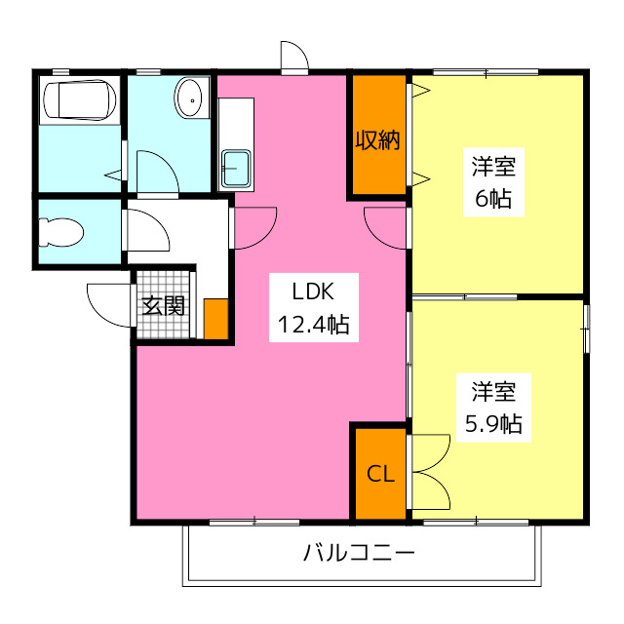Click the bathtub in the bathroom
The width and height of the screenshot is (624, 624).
80,99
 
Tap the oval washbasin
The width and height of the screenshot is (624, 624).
188,97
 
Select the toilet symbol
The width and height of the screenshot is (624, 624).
60,232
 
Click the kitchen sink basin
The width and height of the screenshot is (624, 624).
236,169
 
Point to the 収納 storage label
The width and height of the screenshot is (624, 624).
377,139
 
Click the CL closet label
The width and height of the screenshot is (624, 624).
380,474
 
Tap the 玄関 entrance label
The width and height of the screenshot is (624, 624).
164,305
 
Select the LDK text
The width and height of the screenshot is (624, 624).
313,292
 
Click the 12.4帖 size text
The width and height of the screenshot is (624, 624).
314,325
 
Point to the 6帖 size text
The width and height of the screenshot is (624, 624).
493,199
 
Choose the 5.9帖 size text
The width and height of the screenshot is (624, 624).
493,424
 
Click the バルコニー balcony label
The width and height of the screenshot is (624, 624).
359,553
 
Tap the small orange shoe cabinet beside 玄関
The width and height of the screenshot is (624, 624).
216,319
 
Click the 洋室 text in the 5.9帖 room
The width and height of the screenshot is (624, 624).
493,392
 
